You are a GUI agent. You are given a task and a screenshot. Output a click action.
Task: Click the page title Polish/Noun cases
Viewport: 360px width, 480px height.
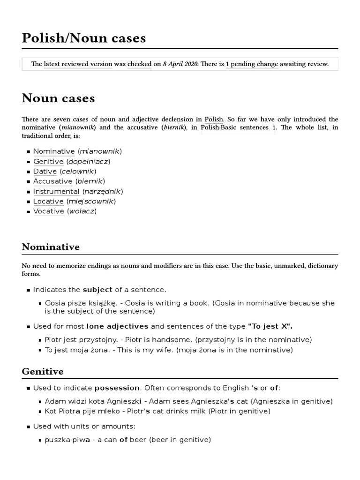click(84, 38)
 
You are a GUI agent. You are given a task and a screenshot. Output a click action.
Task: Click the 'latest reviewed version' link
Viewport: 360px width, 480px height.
click(78, 64)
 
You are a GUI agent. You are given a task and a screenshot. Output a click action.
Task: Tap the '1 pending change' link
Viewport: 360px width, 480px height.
click(252, 64)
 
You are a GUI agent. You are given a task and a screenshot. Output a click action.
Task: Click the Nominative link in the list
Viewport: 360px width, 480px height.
click(54, 151)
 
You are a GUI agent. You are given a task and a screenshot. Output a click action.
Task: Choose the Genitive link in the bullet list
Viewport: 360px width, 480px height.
click(48, 162)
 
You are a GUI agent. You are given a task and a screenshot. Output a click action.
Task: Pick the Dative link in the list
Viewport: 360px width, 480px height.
click(45, 172)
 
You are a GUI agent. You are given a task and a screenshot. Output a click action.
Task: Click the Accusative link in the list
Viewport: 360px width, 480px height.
click(53, 181)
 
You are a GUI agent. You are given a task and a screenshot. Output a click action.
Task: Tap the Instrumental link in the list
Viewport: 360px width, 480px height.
click(56, 192)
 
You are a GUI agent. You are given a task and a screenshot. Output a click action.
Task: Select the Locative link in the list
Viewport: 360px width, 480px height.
click(48, 202)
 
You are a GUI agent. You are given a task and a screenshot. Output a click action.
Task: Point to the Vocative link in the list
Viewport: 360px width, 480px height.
click(49, 211)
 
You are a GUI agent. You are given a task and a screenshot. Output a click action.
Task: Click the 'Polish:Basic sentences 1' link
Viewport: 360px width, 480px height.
click(238, 127)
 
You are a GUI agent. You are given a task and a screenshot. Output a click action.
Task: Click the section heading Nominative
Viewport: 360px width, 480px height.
click(51, 247)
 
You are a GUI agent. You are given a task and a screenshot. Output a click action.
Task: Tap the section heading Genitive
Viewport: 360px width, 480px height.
click(43, 372)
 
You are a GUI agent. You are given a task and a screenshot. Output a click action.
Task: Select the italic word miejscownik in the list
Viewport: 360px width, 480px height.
click(90, 202)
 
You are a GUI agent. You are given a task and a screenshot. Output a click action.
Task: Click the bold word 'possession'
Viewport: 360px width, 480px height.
click(117, 388)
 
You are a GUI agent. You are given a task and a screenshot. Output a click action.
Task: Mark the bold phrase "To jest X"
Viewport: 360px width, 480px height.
click(273, 326)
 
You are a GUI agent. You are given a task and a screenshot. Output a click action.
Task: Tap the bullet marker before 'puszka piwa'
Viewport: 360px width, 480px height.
click(41, 440)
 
